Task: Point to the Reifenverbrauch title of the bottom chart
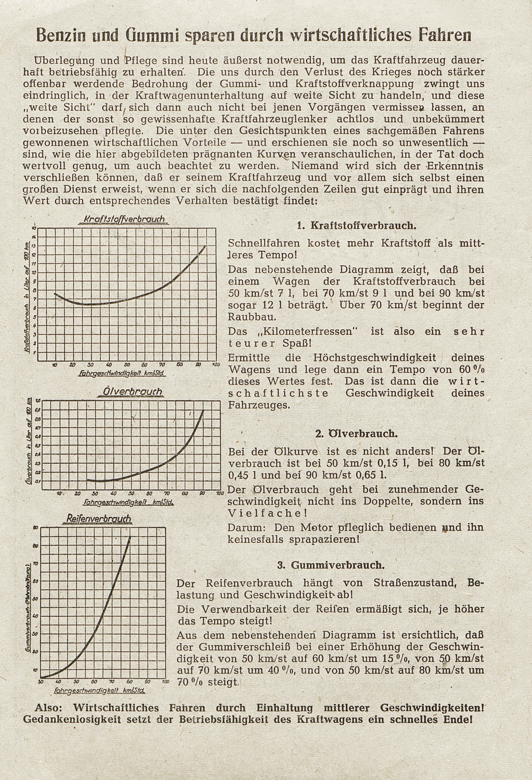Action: click(x=99, y=518)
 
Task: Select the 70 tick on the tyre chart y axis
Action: click(x=35, y=564)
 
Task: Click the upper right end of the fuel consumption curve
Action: click(x=206, y=246)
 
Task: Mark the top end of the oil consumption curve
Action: click(x=203, y=411)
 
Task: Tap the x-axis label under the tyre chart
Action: click(x=99, y=692)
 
